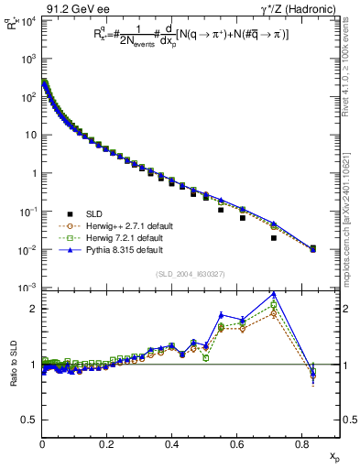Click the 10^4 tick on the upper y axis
pyautogui.click(x=28, y=20)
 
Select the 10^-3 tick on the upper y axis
pyautogui.click(x=28, y=288)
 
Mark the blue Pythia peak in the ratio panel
pyautogui.click(x=274, y=294)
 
